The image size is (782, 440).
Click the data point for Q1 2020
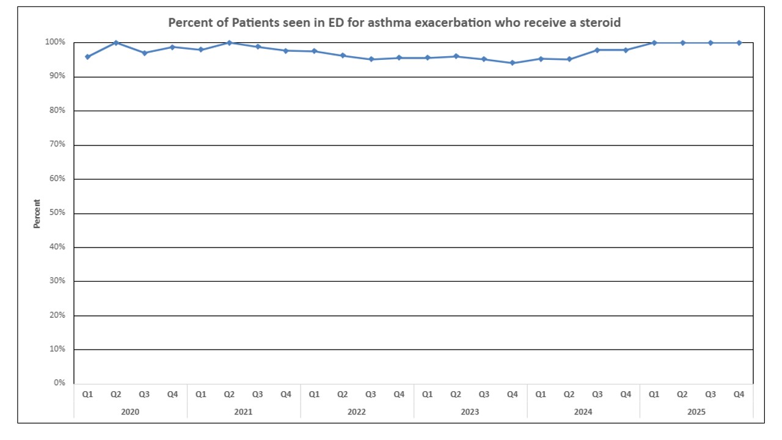pos(87,57)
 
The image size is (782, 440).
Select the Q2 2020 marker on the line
pos(115,43)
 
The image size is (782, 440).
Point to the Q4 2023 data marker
pos(512,63)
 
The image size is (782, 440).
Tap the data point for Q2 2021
pos(229,43)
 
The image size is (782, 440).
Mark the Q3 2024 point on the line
pos(597,50)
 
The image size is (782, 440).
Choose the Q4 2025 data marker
pos(739,43)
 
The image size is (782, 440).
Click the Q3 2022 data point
pos(371,59)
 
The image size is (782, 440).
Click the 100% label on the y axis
pos(54,42)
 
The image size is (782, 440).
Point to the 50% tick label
pos(56,213)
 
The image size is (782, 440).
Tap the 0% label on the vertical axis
pos(59,383)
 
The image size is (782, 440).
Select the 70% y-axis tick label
pos(56,145)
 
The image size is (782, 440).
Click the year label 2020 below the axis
pos(130,412)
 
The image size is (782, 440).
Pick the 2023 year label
pos(470,412)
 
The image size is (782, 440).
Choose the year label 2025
pos(696,412)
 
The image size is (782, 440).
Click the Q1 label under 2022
pos(314,395)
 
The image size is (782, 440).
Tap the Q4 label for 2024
pos(626,395)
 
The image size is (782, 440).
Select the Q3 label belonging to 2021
pos(257,395)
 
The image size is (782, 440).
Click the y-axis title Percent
pos(37,214)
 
